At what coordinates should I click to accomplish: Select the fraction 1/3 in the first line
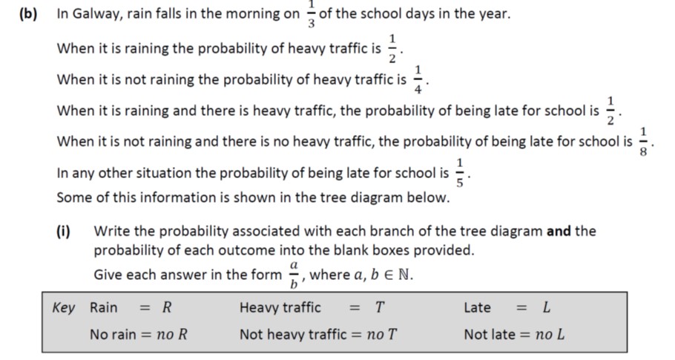[311, 13]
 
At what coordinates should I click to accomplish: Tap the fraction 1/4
[418, 79]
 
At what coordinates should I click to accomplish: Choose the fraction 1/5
[460, 173]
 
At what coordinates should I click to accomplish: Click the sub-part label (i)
[66, 231]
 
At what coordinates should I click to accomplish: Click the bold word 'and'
[559, 231]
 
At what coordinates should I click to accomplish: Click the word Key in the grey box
[64, 307]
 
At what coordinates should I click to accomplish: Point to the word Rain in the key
[104, 307]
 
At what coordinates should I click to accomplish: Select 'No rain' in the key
[114, 334]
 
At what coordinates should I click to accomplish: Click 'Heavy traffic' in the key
[280, 307]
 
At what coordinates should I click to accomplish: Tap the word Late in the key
[477, 307]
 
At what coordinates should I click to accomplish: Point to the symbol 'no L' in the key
[550, 334]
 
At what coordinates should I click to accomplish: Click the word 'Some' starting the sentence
[73, 197]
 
